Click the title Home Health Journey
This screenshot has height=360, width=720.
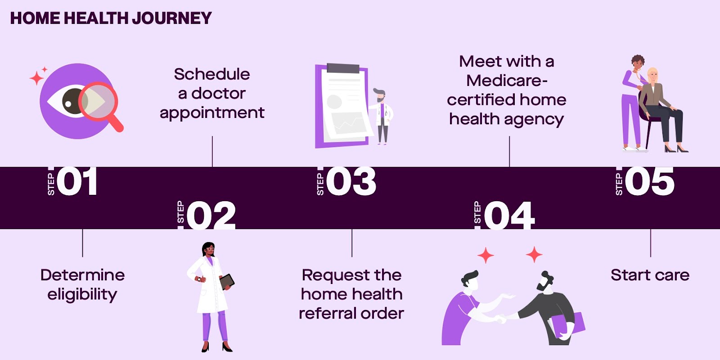(x=111, y=18)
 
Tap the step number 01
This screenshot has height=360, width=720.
(x=77, y=181)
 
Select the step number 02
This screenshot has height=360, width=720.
(x=211, y=215)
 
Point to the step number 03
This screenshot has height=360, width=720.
(x=351, y=181)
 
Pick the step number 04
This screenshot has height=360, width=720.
(x=509, y=215)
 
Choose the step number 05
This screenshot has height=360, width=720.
(x=650, y=181)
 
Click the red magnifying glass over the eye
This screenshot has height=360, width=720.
(x=101, y=105)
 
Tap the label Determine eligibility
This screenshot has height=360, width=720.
(x=82, y=284)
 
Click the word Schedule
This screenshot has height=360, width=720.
(x=212, y=74)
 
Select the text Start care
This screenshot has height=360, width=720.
(x=650, y=275)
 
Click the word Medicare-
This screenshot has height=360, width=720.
(x=507, y=81)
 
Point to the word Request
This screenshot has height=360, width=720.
(x=329, y=275)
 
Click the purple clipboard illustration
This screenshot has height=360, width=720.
(x=342, y=106)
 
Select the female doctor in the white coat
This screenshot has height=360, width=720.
(x=210, y=292)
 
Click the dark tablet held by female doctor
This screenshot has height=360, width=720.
(x=227, y=281)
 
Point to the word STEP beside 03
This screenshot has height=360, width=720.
(x=320, y=184)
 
